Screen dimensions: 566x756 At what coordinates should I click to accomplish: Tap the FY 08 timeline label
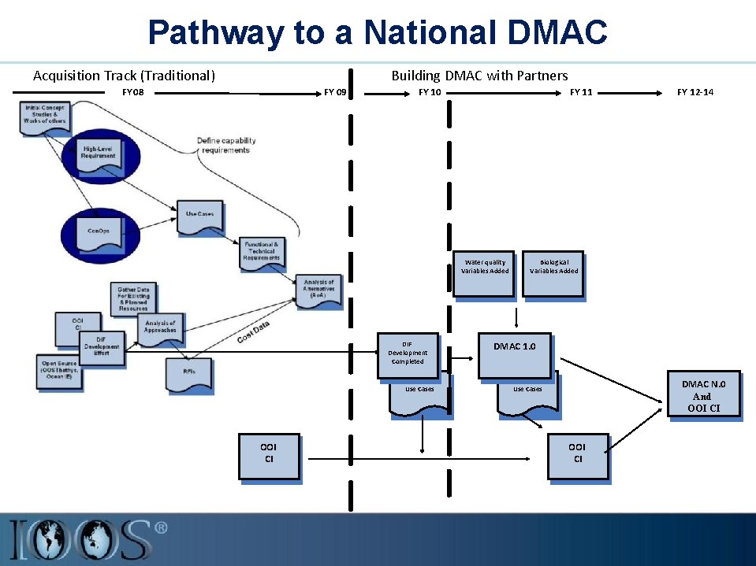point(133,93)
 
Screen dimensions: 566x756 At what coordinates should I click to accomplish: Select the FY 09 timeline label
point(335,93)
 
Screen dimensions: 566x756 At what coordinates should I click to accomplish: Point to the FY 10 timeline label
point(430,93)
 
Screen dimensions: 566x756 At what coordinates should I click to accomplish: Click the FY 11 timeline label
point(581,93)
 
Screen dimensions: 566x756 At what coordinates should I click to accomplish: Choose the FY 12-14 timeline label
point(695,93)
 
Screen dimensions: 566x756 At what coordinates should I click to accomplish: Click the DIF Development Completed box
point(408,352)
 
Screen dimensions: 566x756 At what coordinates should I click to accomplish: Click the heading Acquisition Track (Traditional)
point(124,76)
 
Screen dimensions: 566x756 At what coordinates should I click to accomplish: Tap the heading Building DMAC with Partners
point(479,76)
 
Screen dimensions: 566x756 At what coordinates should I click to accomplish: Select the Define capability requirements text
point(225,146)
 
